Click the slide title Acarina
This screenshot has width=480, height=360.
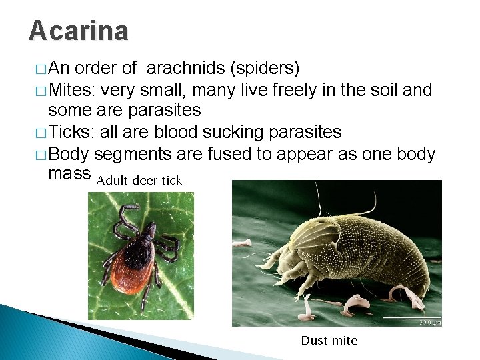[79, 31]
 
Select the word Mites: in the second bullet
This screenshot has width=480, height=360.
[76, 89]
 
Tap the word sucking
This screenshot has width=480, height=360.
[234, 132]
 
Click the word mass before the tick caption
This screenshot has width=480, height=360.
[70, 175]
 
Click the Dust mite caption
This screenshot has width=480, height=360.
[329, 341]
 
